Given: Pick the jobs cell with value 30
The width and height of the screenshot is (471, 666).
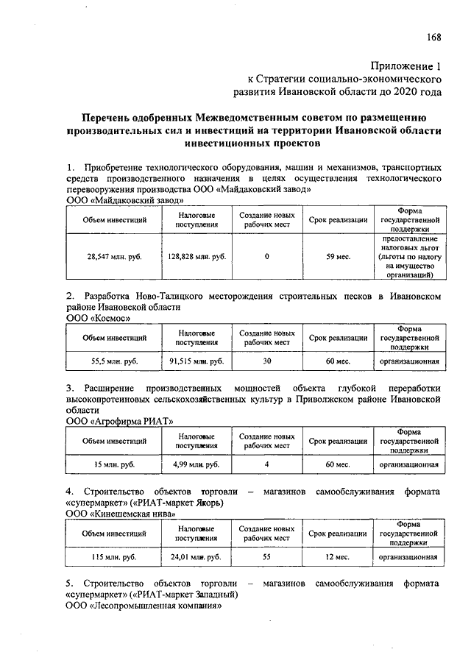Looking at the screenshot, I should coord(266,361).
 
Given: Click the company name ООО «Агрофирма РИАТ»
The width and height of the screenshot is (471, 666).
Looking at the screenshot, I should coord(119,421).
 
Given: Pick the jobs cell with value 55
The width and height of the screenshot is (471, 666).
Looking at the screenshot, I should coord(266,557).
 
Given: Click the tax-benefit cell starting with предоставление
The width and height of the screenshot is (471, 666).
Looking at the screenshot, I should coord(410,257).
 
